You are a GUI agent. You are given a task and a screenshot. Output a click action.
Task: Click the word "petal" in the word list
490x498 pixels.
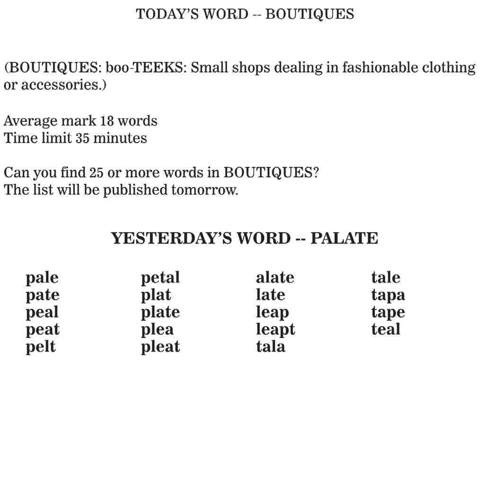pyautogui.click(x=160, y=278)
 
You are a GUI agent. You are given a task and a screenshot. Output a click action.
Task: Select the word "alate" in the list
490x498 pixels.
pyautogui.click(x=275, y=278)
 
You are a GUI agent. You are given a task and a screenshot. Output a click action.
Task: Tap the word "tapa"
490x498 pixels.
pyautogui.click(x=388, y=295)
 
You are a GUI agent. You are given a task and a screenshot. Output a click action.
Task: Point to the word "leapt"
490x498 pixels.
pyautogui.click(x=276, y=330)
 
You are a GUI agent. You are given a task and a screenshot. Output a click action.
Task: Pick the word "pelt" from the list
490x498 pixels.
pyautogui.click(x=41, y=347)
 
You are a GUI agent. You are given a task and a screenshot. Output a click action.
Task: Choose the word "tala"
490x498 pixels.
pyautogui.click(x=271, y=347)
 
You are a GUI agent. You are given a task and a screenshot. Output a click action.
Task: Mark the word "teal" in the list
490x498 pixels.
pyautogui.click(x=386, y=329)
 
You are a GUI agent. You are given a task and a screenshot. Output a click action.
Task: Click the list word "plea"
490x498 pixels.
pyautogui.click(x=157, y=330)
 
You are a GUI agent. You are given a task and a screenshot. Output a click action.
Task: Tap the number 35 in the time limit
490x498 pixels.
pyautogui.click(x=82, y=138)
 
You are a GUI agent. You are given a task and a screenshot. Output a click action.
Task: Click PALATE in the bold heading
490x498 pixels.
pyautogui.click(x=344, y=238)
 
